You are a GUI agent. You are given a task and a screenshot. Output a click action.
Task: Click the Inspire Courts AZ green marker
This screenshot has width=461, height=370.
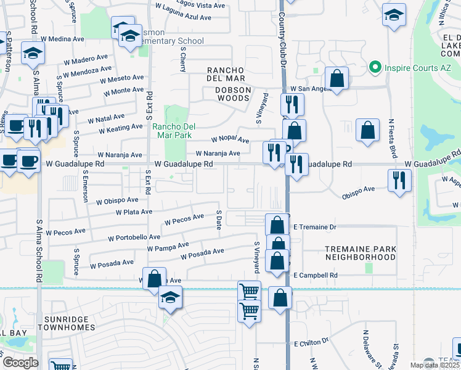tap(373, 67)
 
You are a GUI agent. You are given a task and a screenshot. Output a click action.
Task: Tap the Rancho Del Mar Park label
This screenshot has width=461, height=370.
tap(173, 131)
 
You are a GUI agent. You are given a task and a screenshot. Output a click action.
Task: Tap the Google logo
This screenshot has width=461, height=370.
tap(20, 363)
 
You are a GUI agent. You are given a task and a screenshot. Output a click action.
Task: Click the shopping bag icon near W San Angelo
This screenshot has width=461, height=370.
tap(337, 78)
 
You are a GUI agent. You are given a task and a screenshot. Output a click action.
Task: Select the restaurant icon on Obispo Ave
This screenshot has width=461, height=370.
tap(399, 180)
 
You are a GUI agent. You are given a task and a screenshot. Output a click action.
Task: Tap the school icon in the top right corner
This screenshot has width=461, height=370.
tap(394, 15)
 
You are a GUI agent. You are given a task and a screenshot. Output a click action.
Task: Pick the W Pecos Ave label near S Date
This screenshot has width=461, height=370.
tap(184, 219)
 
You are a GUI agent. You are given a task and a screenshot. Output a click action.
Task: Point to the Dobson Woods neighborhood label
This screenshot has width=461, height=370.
tap(233, 89)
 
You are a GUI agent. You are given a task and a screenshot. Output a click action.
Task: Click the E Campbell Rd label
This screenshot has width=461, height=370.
tap(316, 275)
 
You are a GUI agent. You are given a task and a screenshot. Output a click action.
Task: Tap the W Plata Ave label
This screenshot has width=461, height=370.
tap(134, 212)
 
